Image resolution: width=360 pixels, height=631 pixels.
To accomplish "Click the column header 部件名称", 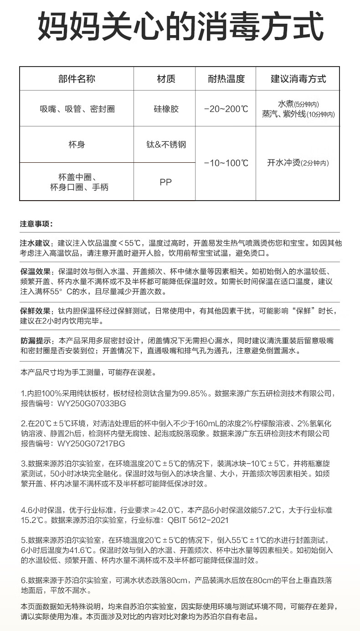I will tap(77, 79).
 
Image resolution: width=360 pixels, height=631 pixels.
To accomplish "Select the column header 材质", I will tap(166, 79).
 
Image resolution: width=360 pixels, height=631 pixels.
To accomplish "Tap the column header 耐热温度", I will tap(226, 79).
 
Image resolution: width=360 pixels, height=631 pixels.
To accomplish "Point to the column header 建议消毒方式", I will tap(298, 79).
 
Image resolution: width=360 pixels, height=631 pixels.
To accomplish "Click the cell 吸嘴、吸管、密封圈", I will tap(77, 109).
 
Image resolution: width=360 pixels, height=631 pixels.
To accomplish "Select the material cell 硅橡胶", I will tap(166, 109).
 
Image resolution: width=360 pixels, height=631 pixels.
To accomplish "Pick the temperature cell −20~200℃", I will tap(226, 109).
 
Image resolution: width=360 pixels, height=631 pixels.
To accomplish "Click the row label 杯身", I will tap(77, 145).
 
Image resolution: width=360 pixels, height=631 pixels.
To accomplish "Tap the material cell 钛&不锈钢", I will tap(166, 145).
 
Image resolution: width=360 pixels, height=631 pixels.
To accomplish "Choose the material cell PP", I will tap(166, 182).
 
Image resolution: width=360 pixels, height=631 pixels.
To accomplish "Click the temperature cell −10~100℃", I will tap(226, 163).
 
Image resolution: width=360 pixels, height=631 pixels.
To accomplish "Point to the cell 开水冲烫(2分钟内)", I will tap(298, 163).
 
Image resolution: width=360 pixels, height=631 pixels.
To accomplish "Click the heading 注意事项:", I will tap(36, 224).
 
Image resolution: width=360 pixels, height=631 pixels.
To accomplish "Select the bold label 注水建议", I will tap(36, 243).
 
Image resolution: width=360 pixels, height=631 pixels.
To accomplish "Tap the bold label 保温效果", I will tap(36, 271).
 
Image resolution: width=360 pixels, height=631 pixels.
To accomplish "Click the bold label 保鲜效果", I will tap(36, 311).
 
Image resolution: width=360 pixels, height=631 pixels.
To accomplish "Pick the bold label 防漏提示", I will tap(36, 341).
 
